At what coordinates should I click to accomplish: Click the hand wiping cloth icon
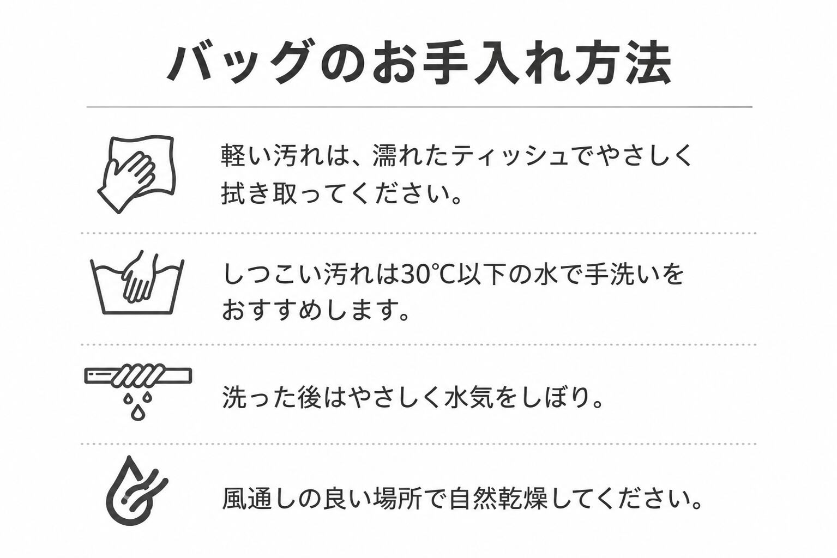[136, 174]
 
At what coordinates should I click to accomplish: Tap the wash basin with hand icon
[137, 282]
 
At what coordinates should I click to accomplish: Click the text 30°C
[426, 275]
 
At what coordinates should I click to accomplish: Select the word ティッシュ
[509, 156]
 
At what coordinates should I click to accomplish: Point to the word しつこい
[272, 275]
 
